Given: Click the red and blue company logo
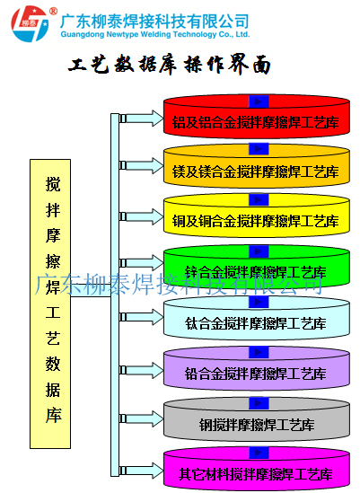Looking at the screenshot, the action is click(x=31, y=23).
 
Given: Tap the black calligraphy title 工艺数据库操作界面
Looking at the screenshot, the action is click(x=170, y=65).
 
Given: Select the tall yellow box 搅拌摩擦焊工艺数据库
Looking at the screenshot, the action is click(x=50, y=304).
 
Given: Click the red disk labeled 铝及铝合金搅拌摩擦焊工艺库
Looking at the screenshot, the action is click(x=257, y=117).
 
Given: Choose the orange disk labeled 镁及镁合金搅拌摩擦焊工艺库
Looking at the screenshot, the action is click(x=257, y=166).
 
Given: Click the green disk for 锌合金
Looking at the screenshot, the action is click(x=257, y=267).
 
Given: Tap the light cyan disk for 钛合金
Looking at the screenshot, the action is click(x=257, y=318).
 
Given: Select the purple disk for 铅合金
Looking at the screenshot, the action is click(x=257, y=368).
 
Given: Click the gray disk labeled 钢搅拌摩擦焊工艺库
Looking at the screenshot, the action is click(x=257, y=419).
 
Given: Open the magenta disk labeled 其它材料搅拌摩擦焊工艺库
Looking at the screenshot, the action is click(x=257, y=469).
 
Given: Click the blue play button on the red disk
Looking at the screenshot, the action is click(x=259, y=101).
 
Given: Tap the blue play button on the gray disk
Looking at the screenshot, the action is click(x=259, y=403).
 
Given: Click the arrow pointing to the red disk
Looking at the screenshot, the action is click(x=142, y=119).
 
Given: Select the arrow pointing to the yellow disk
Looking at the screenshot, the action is click(x=142, y=216).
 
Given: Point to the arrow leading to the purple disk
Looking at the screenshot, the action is click(x=142, y=370).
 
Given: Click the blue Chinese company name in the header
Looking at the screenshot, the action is click(x=154, y=21).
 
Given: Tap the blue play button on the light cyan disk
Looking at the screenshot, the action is click(x=259, y=302).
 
